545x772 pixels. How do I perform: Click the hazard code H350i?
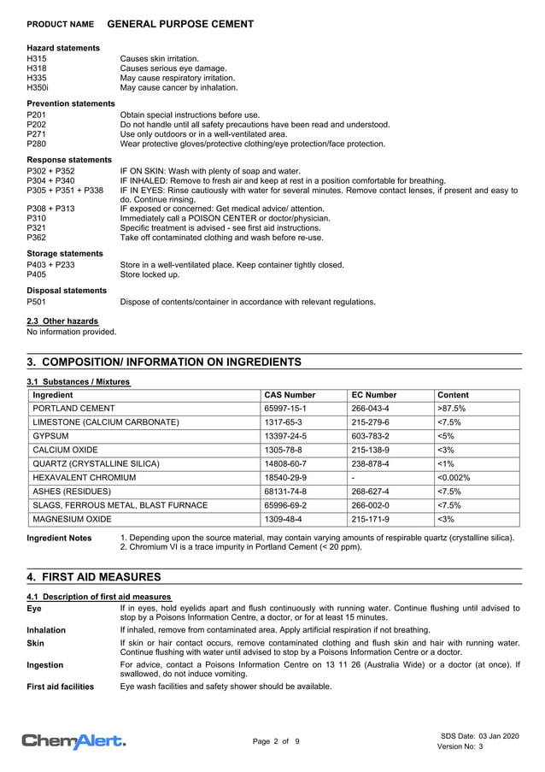tap(39, 87)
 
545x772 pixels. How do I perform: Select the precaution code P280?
tap(37, 144)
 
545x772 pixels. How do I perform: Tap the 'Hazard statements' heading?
tap(63, 48)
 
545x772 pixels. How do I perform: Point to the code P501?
tap(37, 302)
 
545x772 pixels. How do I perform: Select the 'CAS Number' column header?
tap(290, 396)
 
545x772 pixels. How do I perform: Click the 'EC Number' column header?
tap(374, 396)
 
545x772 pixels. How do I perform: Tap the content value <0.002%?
tap(454, 477)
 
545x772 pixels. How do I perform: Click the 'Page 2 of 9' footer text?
tap(275, 741)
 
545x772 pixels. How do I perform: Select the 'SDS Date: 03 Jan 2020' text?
tap(479, 736)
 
